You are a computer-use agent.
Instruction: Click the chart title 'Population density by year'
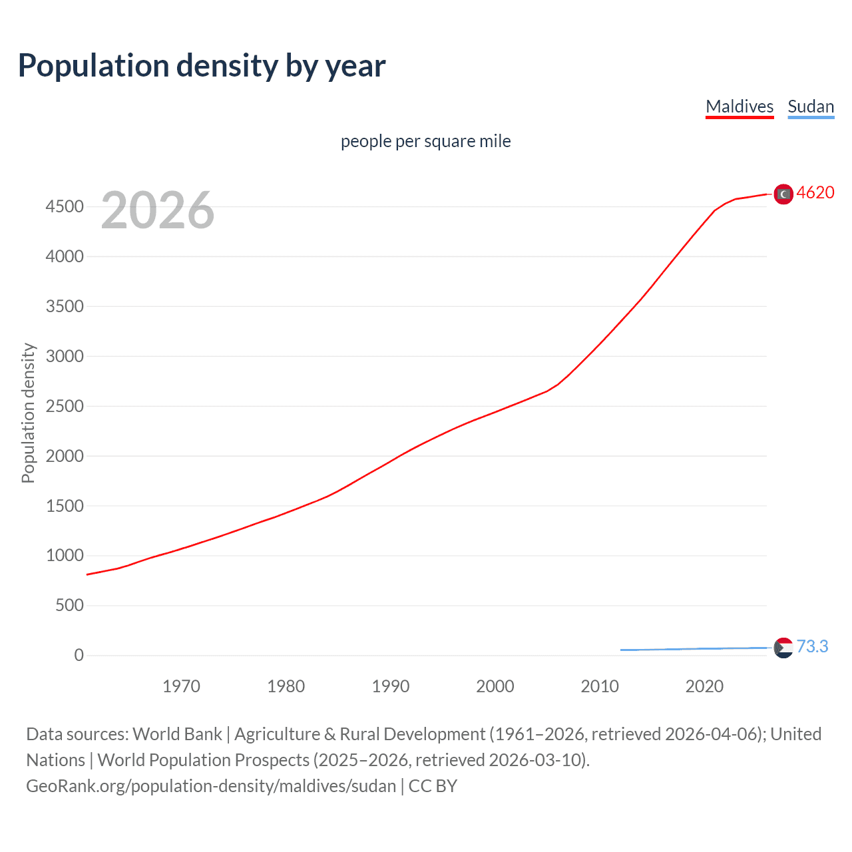[x=202, y=66]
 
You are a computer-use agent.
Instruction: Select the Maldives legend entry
[x=740, y=106]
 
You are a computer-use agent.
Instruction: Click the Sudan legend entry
[x=810, y=106]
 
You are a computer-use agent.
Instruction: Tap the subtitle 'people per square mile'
[x=425, y=141]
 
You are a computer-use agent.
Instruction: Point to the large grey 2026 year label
[x=158, y=210]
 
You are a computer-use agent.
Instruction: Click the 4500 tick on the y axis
[x=65, y=207]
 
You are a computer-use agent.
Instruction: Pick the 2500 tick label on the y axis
[x=65, y=406]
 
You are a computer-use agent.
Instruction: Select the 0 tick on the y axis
[x=79, y=656]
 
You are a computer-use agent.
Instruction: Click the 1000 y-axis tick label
[x=65, y=556]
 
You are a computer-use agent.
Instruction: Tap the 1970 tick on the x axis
[x=181, y=686]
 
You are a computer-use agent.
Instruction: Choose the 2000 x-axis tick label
[x=495, y=686]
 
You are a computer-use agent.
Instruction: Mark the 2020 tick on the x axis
[x=704, y=686]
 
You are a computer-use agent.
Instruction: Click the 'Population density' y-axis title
[x=28, y=413]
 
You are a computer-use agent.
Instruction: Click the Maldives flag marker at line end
[x=783, y=194]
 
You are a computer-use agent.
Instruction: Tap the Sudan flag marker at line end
[x=783, y=648]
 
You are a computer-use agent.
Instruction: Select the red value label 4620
[x=815, y=192]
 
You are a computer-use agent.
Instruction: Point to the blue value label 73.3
[x=812, y=646]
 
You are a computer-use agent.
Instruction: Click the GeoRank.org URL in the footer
[x=211, y=786]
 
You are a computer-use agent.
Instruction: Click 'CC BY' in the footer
[x=433, y=786]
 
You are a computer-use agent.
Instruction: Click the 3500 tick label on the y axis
[x=65, y=306]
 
